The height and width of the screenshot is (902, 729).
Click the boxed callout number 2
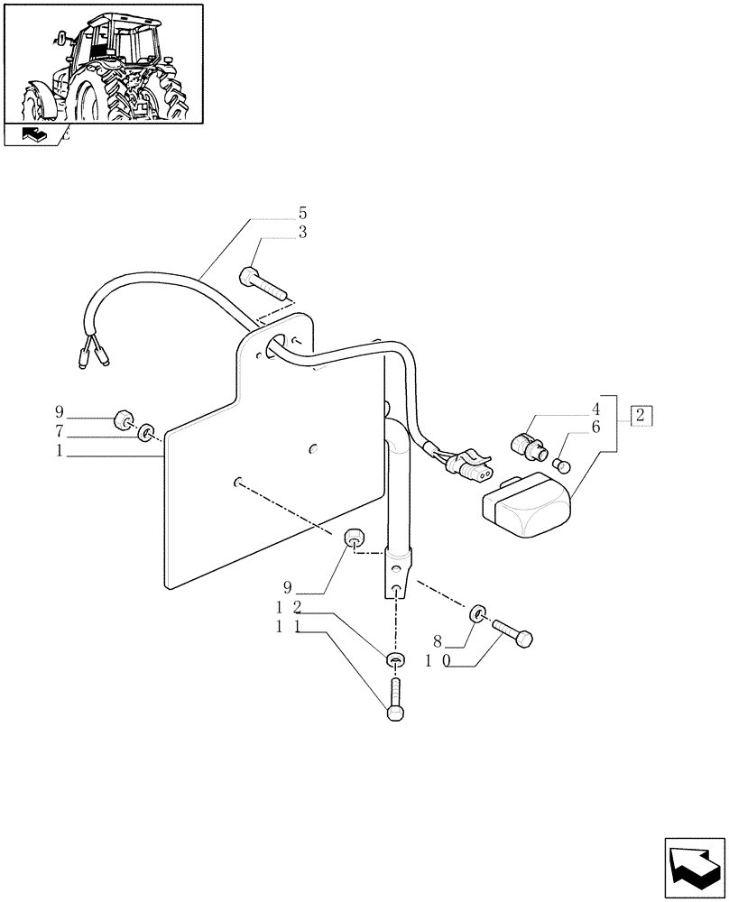[641, 416]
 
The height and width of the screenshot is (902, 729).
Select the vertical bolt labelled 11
[394, 700]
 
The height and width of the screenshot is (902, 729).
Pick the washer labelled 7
[144, 437]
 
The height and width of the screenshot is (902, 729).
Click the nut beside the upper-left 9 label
[123, 420]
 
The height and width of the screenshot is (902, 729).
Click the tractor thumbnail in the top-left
[103, 63]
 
